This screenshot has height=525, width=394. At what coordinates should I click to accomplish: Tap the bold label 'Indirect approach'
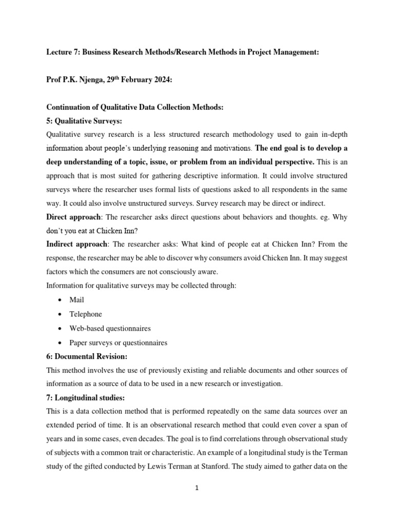[76, 245]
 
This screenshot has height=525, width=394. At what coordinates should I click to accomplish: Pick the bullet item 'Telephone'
[86, 314]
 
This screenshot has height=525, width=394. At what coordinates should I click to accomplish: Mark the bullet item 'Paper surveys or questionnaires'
[119, 342]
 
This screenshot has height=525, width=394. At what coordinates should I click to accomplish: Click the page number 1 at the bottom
[196, 489]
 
